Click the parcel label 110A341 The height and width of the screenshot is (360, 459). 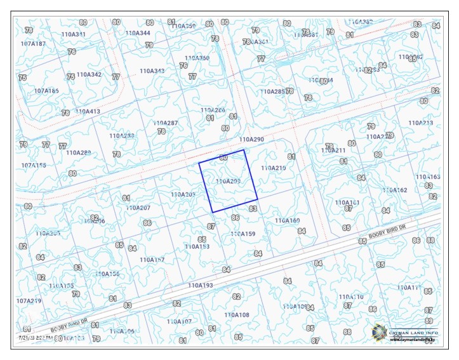click(74, 34)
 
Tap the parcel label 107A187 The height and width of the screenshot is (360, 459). click(33, 44)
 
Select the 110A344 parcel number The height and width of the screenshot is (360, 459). click(138, 33)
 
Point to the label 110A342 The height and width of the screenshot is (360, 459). click(89, 74)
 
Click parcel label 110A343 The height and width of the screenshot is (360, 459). click(152, 71)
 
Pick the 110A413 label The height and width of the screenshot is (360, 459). click(88, 111)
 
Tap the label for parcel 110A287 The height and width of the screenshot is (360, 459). click(166, 123)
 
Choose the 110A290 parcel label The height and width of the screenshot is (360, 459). click(251, 138)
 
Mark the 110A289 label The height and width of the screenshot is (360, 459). click(78, 152)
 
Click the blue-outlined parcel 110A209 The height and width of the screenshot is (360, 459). click(228, 182)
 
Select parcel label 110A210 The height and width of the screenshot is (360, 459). click(274, 168)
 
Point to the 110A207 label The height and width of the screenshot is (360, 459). click(138, 208)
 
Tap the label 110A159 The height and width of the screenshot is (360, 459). click(243, 234)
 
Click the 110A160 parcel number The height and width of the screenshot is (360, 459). click(287, 220)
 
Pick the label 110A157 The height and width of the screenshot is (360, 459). click(152, 260)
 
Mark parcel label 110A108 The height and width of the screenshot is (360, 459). click(237, 315)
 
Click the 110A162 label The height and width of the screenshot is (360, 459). click(394, 190)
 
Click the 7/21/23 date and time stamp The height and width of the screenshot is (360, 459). click(36, 338)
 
